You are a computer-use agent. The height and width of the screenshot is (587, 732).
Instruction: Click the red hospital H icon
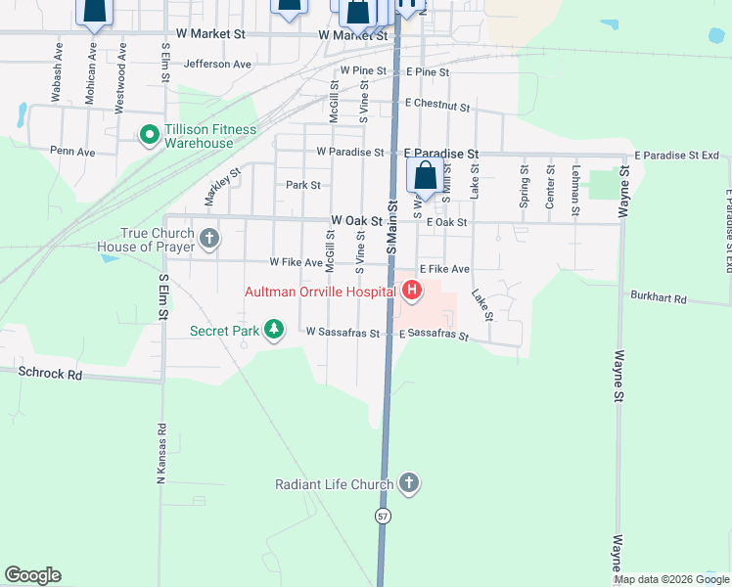[412, 291]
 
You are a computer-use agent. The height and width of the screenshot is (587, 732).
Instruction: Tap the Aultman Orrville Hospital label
[320, 291]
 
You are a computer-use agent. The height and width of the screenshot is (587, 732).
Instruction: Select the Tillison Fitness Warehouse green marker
[149, 134]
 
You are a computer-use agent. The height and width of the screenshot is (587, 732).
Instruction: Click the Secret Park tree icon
[276, 330]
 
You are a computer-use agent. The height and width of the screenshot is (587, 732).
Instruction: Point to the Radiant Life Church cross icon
[409, 483]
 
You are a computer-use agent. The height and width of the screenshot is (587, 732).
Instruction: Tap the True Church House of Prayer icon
[208, 239]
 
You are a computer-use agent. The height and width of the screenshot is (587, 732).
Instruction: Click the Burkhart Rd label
[659, 297]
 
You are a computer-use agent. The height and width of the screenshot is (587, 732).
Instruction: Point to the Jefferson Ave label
[217, 64]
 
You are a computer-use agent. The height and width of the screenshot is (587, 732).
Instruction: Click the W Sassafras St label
[342, 333]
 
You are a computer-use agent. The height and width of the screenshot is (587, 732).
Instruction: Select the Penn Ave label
[72, 152]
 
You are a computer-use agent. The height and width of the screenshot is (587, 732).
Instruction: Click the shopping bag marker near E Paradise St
[426, 178]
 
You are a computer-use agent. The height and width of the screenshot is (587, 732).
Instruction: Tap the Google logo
[32, 575]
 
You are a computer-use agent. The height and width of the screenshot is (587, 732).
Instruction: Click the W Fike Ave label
[297, 262]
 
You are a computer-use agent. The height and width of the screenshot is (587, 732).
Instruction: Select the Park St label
[302, 185]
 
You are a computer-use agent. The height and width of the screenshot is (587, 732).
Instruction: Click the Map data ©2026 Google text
[671, 579]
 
